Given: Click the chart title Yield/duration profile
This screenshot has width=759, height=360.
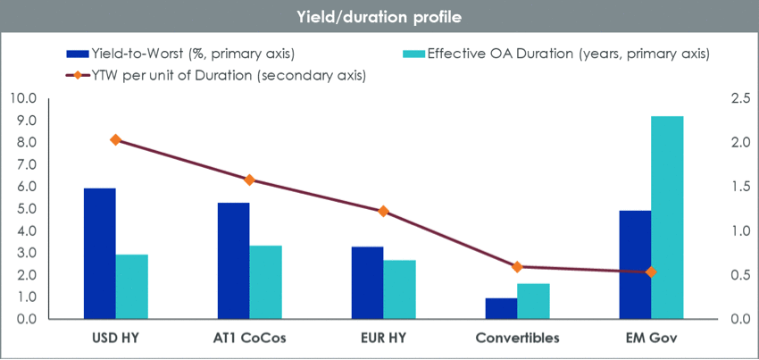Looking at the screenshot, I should click(379, 17).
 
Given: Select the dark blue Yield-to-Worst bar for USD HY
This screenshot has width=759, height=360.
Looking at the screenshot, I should click(99, 254).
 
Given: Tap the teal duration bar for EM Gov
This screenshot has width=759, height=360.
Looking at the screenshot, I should click(667, 218).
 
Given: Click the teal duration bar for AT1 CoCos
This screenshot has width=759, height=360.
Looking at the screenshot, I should click(265, 282).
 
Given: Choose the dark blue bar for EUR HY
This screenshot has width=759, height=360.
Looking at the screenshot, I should click(367, 282).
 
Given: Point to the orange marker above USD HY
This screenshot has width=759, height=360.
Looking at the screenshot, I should click(116, 139).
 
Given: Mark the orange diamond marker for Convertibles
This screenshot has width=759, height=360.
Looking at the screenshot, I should click(517, 266).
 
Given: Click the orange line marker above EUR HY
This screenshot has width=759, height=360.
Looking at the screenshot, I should click(383, 211).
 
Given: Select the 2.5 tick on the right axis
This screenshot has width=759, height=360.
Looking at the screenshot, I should click(730, 98).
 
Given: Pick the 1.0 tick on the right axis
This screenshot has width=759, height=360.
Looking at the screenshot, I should click(730, 230).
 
